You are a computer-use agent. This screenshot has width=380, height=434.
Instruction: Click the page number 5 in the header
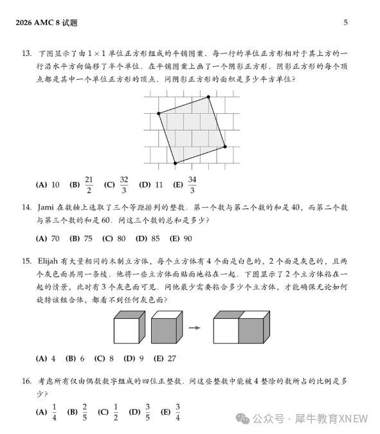pos(345,23)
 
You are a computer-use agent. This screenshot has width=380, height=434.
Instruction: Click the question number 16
pos(26,381)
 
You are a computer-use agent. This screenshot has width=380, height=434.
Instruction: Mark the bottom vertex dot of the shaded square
pos(176,163)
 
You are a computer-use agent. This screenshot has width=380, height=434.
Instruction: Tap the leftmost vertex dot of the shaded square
pos(158,113)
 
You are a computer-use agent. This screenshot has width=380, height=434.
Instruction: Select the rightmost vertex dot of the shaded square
pos(226,147)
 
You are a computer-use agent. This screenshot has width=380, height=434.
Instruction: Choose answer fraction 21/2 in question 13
pos(89,185)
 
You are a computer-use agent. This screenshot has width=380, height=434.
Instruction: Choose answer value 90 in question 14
pos(187,239)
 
